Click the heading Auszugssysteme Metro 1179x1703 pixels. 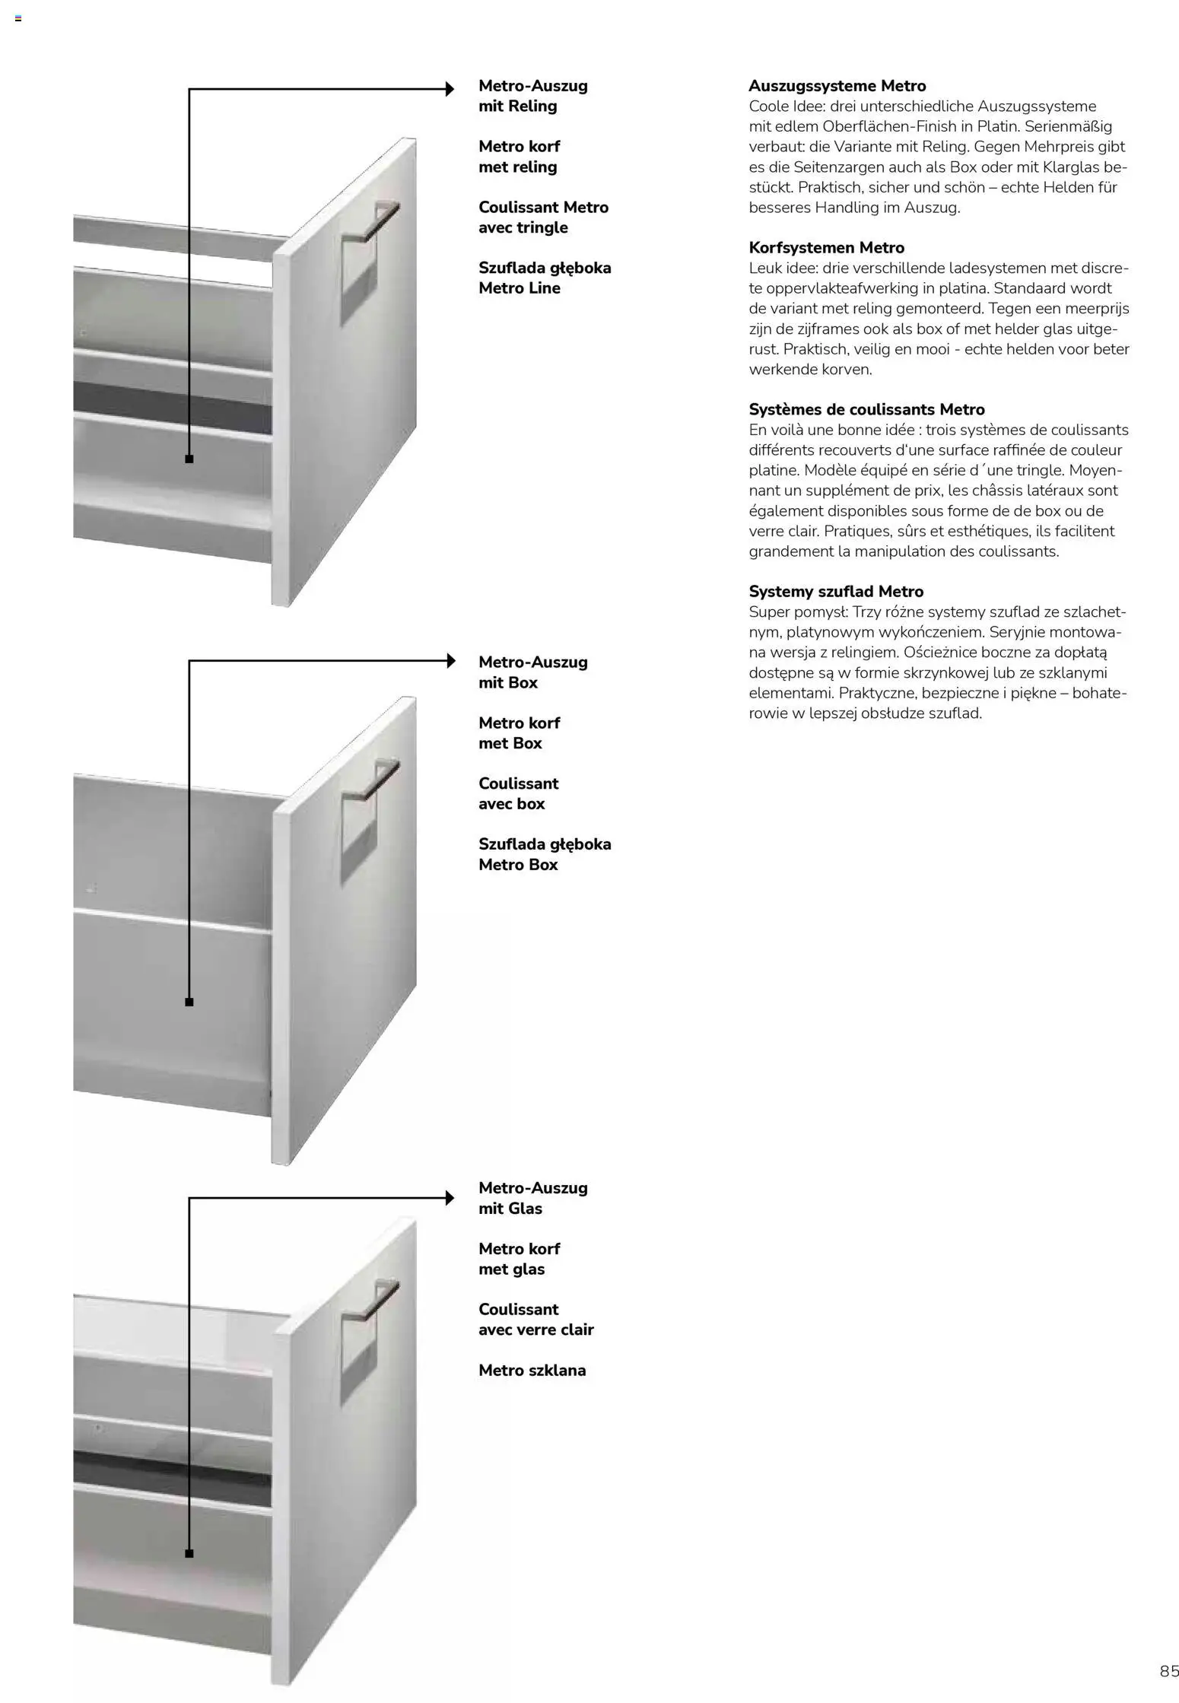click(x=837, y=86)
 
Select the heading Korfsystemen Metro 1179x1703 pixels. click(x=826, y=247)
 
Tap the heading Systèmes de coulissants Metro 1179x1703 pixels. click(x=866, y=409)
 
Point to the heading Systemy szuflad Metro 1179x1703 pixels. click(x=836, y=591)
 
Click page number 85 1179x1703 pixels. click(x=1169, y=1671)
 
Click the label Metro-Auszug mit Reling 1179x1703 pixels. click(x=532, y=96)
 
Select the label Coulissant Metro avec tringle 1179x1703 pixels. click(x=543, y=218)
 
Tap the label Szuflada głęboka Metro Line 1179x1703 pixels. click(x=545, y=278)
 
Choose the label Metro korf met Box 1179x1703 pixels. click(x=519, y=732)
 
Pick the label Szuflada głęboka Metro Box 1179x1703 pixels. click(x=545, y=854)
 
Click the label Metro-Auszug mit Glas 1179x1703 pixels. click(x=532, y=1198)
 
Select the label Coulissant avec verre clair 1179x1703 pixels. click(x=535, y=1320)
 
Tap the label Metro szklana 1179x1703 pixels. click(x=532, y=1371)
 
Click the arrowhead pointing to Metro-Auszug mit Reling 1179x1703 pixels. click(x=450, y=89)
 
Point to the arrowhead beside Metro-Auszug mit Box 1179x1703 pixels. click(x=450, y=660)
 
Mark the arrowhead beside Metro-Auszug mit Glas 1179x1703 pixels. click(x=450, y=1199)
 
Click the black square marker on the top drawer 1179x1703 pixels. click(x=189, y=459)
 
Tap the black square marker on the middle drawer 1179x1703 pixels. click(x=189, y=1002)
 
